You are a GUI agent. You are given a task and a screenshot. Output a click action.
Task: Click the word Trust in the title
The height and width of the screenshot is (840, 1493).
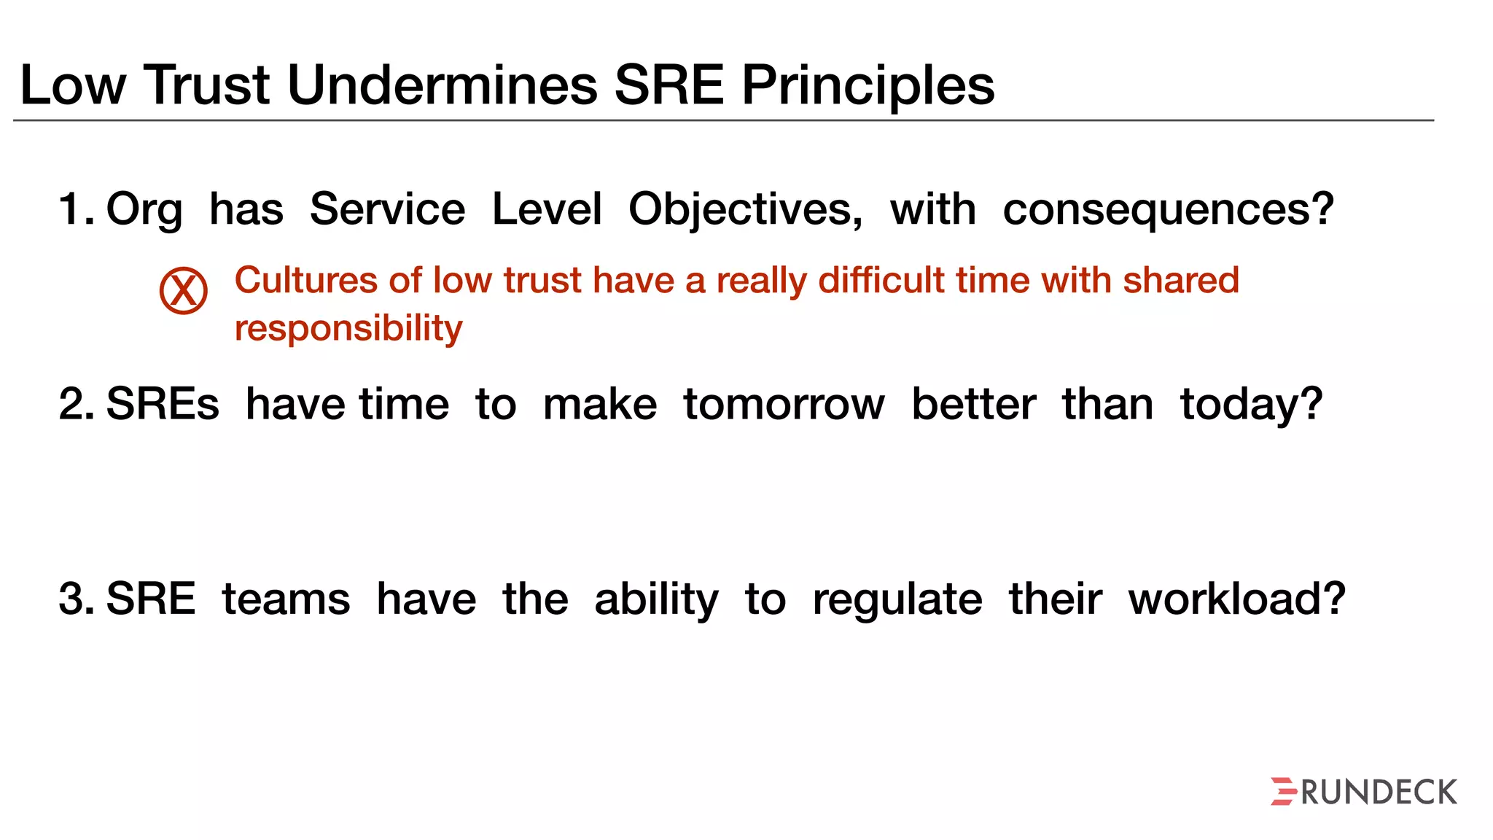click(x=207, y=85)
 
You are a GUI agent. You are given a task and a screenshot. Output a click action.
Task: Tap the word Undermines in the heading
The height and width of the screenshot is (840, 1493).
click(x=443, y=85)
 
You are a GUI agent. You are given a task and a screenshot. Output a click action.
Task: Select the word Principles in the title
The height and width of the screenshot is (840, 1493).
click(x=868, y=85)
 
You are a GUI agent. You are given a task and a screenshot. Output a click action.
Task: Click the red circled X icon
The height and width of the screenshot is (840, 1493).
click(x=184, y=290)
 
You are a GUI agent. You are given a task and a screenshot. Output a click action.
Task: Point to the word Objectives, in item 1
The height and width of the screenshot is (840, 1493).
click(x=745, y=210)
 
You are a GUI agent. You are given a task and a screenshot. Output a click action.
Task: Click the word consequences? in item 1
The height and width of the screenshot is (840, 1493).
click(x=1168, y=210)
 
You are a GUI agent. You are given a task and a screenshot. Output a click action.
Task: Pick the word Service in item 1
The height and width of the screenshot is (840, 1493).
click(x=387, y=210)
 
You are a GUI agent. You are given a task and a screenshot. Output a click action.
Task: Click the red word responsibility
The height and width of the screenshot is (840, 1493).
click(x=348, y=328)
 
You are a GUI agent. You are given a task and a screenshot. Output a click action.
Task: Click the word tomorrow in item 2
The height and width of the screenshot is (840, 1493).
click(x=784, y=405)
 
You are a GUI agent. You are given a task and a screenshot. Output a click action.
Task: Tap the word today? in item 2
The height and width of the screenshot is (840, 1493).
click(x=1251, y=405)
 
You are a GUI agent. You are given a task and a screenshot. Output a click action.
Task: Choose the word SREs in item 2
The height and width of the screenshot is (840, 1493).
click(x=163, y=405)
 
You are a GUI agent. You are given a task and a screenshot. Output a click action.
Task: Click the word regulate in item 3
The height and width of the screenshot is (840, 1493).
click(x=897, y=600)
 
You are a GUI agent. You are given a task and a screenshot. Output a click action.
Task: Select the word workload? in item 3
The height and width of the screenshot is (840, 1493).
click(x=1236, y=600)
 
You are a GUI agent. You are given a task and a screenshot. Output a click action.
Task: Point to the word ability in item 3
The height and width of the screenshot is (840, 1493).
click(x=656, y=600)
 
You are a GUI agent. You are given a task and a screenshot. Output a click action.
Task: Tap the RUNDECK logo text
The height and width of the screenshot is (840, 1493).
click(x=1379, y=793)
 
